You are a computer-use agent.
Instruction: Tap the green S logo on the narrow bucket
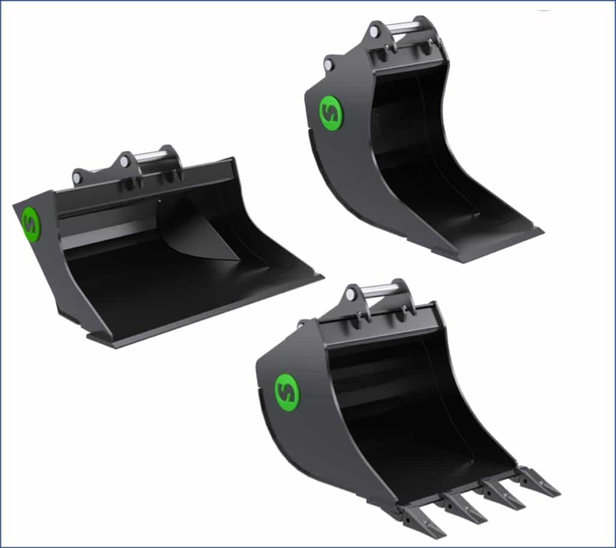330,112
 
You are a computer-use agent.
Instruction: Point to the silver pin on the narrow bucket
401,27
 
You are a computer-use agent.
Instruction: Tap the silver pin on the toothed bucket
380,290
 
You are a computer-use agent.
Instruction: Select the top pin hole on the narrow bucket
374,29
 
